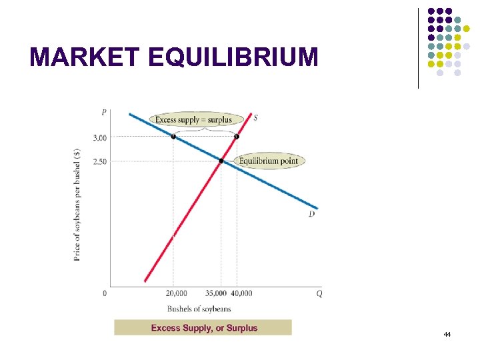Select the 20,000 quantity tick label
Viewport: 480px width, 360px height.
[177, 293]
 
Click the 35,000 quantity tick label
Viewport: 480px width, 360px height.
[215, 293]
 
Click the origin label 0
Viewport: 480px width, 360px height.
[105, 293]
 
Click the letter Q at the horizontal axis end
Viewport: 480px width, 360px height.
[319, 293]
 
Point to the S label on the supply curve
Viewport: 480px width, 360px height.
[256, 117]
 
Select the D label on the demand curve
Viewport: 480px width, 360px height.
[311, 214]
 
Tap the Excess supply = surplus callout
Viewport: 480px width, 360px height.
[193, 120]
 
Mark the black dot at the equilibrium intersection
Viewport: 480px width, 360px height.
[221, 161]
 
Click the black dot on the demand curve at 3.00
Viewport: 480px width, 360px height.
[173, 137]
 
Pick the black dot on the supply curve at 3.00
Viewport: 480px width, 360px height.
[236, 137]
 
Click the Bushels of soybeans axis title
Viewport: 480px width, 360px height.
[199, 309]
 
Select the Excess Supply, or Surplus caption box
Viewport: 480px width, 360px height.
[203, 327]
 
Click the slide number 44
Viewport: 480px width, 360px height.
[447, 333]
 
